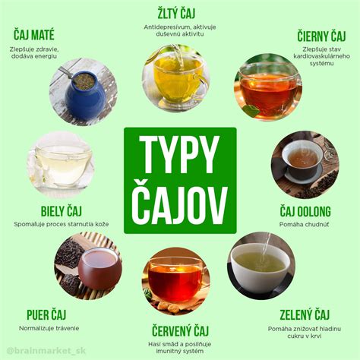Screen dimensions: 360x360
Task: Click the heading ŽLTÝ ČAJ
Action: click(180, 12)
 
